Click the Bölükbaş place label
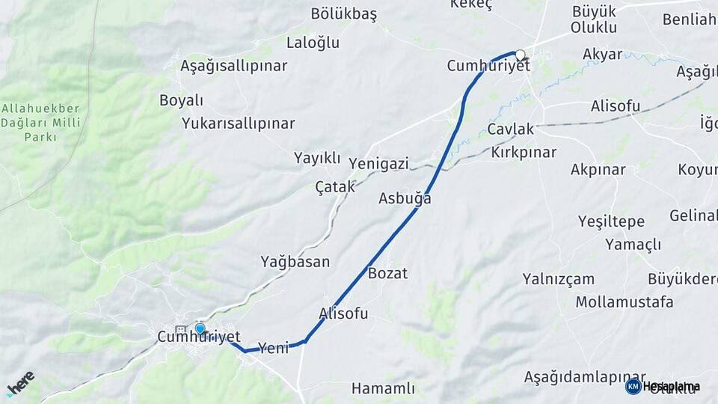point(343,14)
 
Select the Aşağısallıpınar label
point(233,66)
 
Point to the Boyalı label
point(181,100)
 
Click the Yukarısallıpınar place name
point(238,123)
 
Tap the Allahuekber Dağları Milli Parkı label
point(40,123)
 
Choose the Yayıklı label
point(317,158)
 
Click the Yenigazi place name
point(378,164)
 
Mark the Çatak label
point(335,187)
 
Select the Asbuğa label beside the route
point(405,199)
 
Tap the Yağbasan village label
point(295,261)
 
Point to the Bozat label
point(387,273)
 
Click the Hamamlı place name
point(383,388)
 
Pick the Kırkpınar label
point(524,152)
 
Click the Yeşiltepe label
point(611,221)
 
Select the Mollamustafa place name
point(624,302)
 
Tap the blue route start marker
point(200,328)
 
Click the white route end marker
point(521,54)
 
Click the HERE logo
point(20,383)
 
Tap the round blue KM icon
point(633,386)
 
